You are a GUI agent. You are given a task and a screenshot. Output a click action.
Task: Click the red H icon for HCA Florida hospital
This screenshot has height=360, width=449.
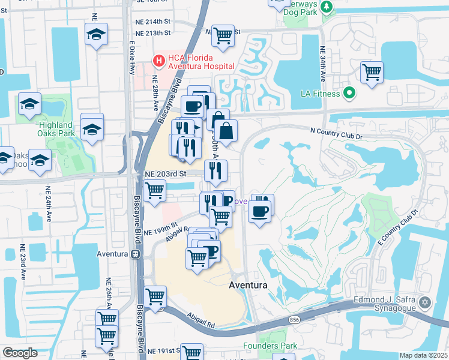click(159, 60)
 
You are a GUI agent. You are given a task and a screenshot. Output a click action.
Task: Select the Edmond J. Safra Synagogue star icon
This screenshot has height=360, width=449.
click(426, 302)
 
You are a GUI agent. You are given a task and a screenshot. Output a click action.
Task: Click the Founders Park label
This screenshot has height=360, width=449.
click(270, 346)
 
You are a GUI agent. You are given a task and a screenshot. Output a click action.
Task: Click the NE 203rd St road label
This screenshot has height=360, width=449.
click(166, 173)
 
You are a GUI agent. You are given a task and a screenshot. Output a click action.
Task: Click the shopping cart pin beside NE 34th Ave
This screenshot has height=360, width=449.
click(372, 73)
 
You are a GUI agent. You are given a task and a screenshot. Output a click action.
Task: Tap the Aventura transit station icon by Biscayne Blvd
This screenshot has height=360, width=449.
click(136, 254)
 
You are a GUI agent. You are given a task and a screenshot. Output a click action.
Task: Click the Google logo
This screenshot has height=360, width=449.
click(20, 353)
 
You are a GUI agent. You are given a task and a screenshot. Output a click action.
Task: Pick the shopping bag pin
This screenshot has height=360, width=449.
click(226, 131)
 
